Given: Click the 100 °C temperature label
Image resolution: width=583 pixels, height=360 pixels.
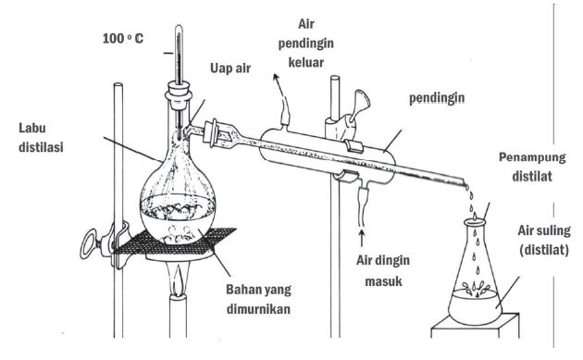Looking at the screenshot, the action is click(123, 38).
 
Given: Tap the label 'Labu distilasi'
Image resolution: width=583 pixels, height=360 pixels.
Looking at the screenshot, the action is click(41, 138).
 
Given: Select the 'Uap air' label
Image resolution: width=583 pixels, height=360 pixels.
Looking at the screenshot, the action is click(230, 68).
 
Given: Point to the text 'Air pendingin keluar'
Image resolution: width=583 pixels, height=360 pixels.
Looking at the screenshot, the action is click(306, 43).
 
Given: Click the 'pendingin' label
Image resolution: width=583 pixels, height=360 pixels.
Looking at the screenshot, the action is click(437, 98).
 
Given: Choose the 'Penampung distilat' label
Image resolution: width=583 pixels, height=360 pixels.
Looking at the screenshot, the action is click(532, 167).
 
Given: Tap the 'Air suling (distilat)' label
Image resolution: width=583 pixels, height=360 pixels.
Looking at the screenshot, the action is click(544, 241).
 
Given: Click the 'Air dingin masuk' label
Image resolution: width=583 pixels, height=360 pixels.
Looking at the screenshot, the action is click(383, 270).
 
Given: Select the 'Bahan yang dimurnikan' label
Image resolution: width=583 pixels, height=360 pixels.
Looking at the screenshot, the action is click(259, 299).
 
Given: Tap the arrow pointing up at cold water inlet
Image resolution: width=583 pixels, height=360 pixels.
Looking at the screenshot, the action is click(361, 239).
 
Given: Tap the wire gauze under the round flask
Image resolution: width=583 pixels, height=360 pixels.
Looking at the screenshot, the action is click(175, 241).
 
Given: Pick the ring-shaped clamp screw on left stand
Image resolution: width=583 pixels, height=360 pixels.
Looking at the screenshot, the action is click(89, 244).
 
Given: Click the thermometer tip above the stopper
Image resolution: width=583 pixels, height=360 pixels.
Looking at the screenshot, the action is click(179, 27).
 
